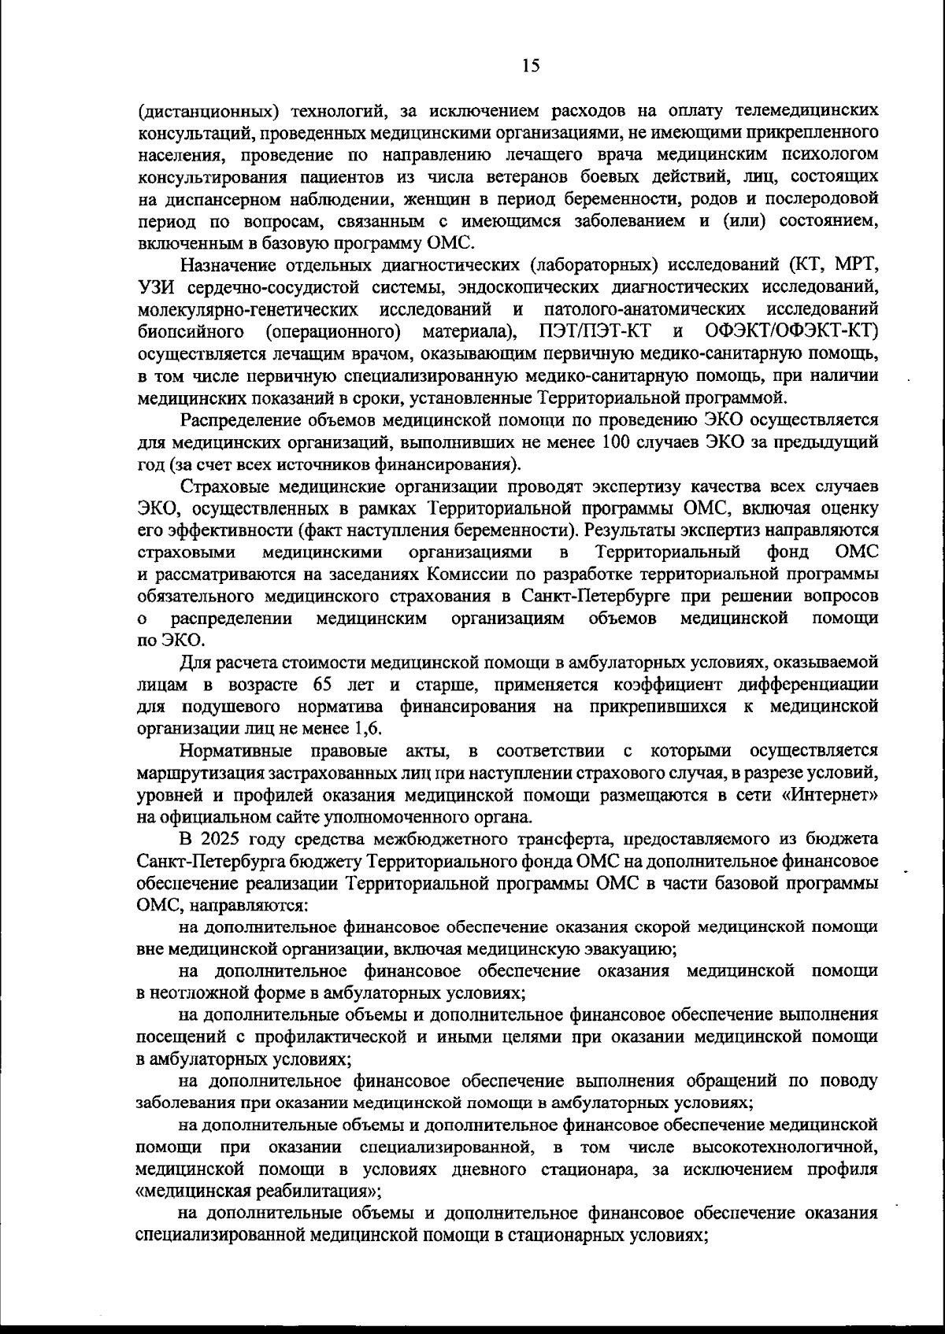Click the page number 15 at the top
[530, 67]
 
